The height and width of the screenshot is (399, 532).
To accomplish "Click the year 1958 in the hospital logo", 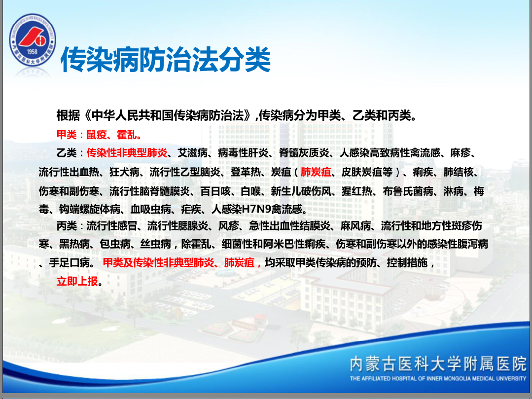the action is [x=32, y=52].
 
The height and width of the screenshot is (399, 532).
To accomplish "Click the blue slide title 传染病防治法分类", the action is [x=166, y=60].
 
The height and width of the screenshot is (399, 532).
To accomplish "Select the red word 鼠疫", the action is [x=97, y=135].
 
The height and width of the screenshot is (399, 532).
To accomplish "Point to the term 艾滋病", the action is [x=193, y=153].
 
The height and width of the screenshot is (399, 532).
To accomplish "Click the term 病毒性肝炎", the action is [x=243, y=153].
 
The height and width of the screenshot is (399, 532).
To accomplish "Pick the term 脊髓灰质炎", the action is [x=304, y=153].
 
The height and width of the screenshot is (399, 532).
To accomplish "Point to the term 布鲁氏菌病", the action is [x=408, y=191].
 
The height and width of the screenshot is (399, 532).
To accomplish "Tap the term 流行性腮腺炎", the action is [x=177, y=225].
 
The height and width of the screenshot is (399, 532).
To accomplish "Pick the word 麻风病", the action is [x=355, y=225].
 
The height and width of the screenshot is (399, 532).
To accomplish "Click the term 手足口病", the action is [x=69, y=262].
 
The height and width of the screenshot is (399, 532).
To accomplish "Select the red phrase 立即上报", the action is [x=77, y=281].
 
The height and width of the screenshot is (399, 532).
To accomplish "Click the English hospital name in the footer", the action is [x=438, y=379].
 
